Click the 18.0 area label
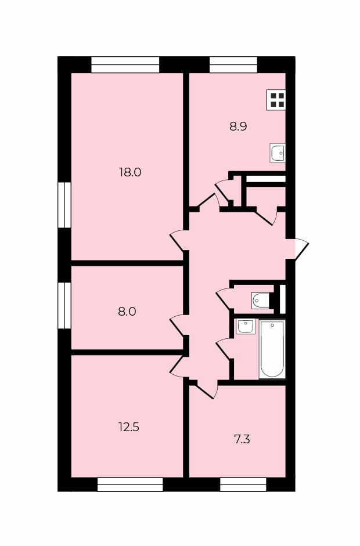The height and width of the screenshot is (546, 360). coord(130,172)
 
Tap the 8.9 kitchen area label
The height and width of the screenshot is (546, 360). coord(238,126)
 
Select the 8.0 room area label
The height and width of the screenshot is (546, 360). coord(127,312)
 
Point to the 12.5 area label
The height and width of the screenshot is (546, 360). coord(129,427)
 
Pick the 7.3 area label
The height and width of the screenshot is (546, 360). coord(242,439)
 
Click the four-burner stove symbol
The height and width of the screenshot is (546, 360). coord(276,100)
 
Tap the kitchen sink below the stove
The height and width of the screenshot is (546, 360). coord(278,153)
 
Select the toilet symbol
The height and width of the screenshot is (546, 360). coord(260,301)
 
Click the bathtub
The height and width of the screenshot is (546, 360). coord(272,349)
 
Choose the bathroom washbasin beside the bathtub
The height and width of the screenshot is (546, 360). coord(246,327)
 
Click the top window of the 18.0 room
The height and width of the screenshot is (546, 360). coord(125,65)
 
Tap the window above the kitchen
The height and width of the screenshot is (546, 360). coord(233,65)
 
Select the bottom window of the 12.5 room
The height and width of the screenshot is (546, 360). coord(130,484)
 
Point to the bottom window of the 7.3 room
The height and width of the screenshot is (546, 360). coord(243,484)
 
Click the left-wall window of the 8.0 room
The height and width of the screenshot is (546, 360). coord(64,305)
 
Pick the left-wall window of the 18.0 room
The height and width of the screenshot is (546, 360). coord(64,205)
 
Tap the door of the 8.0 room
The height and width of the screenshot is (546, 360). coord(177,326)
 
